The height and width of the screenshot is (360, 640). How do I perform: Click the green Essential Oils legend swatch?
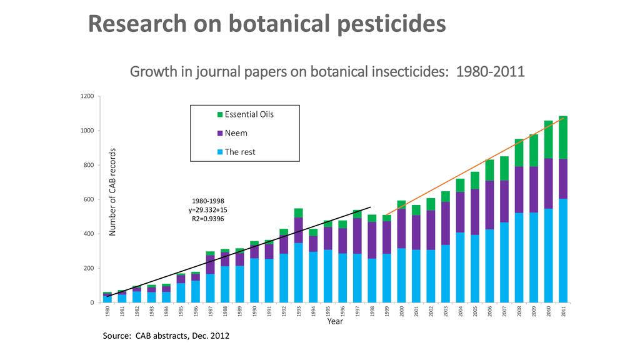click(x=219, y=114)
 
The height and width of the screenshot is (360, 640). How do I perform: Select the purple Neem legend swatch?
click(x=219, y=133)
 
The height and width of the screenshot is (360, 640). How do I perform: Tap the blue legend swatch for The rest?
click(x=219, y=152)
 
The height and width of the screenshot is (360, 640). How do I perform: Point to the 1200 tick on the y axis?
click(x=86, y=97)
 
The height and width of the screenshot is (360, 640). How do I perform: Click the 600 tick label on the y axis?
click(x=88, y=200)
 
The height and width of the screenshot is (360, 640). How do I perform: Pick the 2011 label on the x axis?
click(x=564, y=312)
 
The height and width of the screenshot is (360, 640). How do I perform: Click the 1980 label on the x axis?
click(x=107, y=312)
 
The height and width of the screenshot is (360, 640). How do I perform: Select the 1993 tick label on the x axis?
click(x=299, y=312)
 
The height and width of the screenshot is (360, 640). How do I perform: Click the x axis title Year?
click(x=335, y=322)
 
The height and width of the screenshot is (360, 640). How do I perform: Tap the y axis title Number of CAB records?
click(x=113, y=192)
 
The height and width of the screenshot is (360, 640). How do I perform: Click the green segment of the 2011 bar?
click(x=564, y=137)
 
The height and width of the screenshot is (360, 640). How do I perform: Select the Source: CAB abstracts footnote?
click(x=166, y=336)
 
